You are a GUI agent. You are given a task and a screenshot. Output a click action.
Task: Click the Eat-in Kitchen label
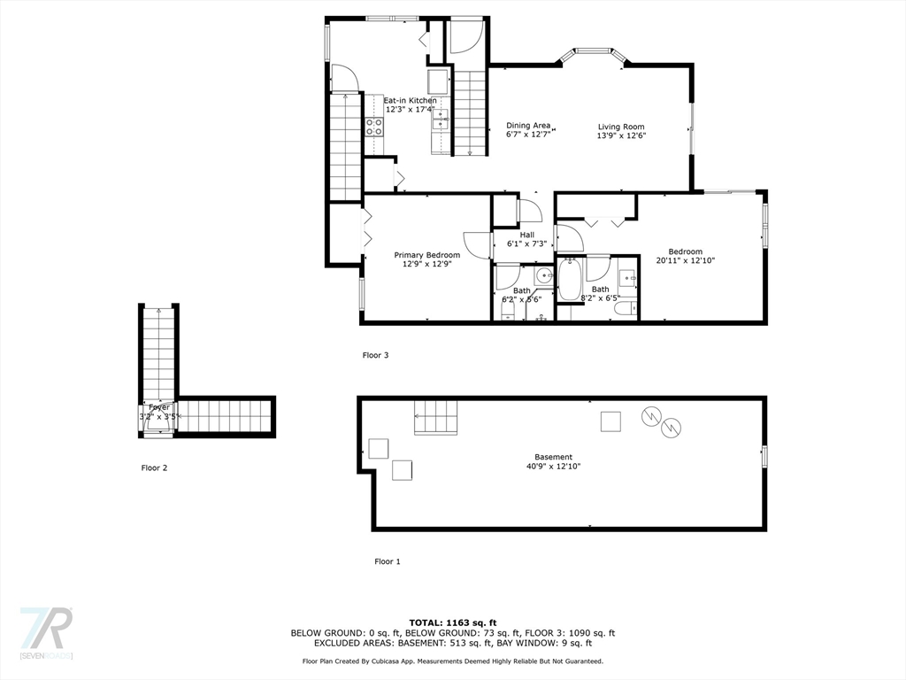[x=410, y=101]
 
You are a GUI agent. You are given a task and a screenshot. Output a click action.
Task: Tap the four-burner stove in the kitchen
[x=374, y=126]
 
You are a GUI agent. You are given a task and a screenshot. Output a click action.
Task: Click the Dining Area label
[x=528, y=126]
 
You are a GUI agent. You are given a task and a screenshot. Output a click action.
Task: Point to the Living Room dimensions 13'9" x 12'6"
[x=621, y=135]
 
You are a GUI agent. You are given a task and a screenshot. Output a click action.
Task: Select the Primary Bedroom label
[x=426, y=255]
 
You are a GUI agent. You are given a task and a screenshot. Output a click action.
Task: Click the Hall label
[x=526, y=235]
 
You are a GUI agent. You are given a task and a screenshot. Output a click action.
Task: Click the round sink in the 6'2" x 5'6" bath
[x=542, y=275]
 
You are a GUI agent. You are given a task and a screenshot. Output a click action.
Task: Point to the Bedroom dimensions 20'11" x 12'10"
[x=685, y=261]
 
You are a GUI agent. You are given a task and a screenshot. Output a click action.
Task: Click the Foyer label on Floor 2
[x=159, y=407]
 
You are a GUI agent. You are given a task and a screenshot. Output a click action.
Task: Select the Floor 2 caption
[x=154, y=467]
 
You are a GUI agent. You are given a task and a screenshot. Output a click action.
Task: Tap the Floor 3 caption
[x=375, y=355]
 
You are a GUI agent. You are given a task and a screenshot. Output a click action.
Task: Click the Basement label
[x=553, y=457]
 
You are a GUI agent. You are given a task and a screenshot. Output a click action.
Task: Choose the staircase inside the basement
[x=436, y=417]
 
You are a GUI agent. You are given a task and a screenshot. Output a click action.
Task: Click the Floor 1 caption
[x=387, y=561]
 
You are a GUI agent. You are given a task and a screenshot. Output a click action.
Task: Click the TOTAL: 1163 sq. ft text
[x=452, y=622]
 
